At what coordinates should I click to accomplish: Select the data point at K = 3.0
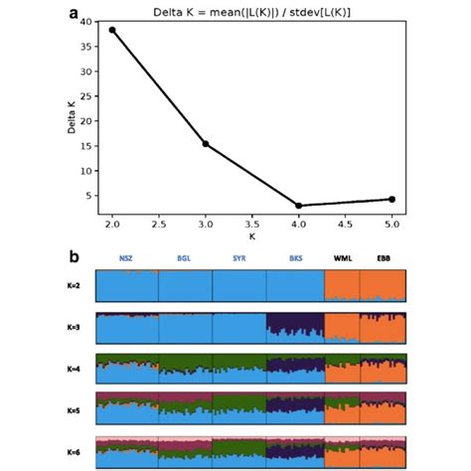point(206,144)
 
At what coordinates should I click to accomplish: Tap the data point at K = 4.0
point(299,206)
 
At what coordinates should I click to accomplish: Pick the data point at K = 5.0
point(392,199)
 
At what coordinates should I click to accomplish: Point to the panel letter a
point(74,12)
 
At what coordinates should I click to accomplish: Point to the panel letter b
point(74,256)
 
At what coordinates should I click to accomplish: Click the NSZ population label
point(126,259)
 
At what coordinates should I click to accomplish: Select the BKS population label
point(295,259)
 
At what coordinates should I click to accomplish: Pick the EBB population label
point(384,259)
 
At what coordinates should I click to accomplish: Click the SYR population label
point(238,259)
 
